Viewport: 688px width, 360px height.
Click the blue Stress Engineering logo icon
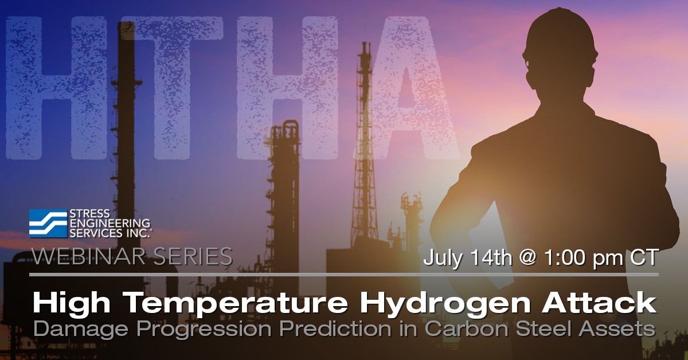point(47,224)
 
